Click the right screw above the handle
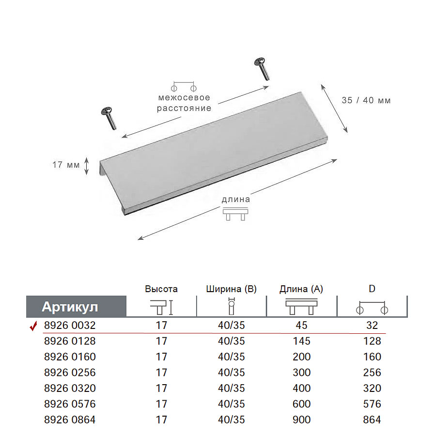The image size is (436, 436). (262, 68)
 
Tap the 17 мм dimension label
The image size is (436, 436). (66, 165)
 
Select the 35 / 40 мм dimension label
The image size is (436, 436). (366, 100)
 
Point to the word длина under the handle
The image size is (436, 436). (236, 200)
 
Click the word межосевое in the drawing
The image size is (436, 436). (184, 97)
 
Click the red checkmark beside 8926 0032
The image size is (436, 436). (33, 326)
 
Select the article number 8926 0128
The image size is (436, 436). (70, 341)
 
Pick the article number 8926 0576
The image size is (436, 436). (70, 404)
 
